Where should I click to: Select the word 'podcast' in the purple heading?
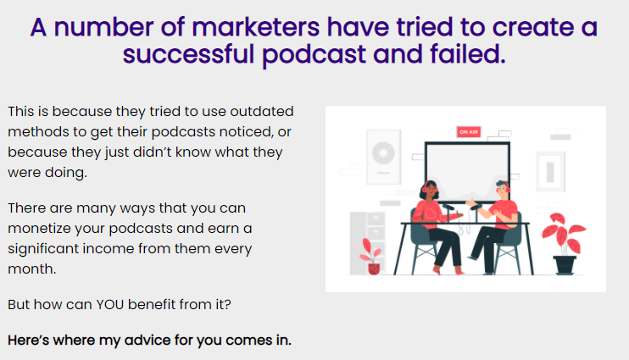click(314, 55)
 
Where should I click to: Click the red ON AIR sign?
click(469, 132)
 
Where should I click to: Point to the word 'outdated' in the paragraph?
click(262, 112)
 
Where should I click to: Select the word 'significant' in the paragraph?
click(43, 249)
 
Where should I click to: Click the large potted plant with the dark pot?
click(564, 243)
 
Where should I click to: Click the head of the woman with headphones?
click(429, 190)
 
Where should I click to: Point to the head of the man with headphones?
click(502, 190)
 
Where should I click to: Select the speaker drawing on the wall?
click(384, 157)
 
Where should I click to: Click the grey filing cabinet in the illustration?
click(367, 243)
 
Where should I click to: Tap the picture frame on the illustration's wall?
click(550, 172)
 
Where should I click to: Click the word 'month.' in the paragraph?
click(32, 269)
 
